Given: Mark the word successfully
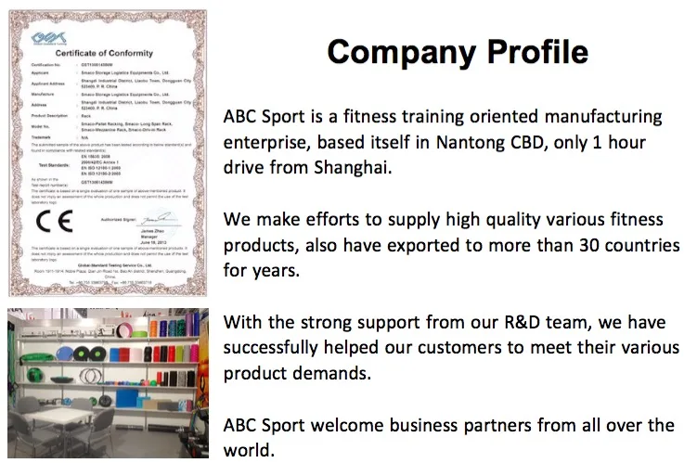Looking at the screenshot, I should pos(275,348).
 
